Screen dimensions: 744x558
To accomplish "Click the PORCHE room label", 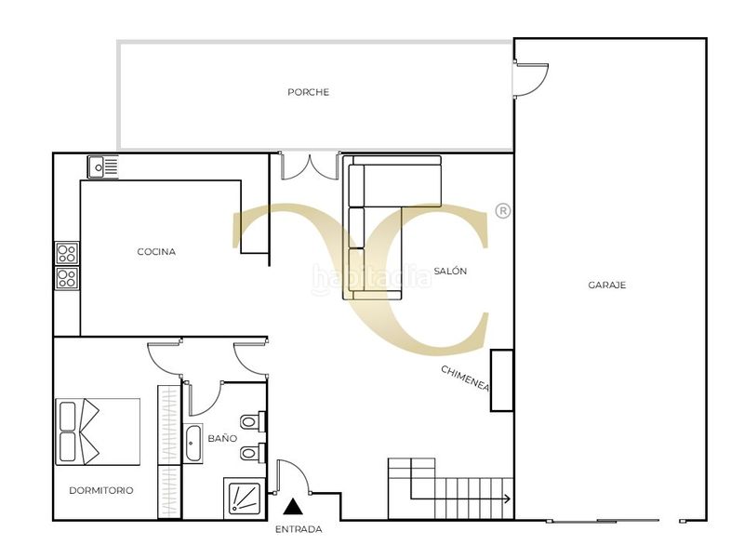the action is coord(309,92).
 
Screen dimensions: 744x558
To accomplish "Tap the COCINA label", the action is coord(156,251).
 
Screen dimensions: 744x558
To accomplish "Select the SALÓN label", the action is coord(450,271).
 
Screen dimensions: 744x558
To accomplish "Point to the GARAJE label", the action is coord(607,285).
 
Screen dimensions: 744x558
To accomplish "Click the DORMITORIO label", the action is coord(101,490).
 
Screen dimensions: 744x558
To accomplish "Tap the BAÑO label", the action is coord(222,438).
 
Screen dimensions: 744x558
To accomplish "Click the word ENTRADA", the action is coord(299,529).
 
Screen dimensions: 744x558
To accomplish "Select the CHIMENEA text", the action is coord(465,379).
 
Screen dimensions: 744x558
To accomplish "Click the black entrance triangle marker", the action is coord(293,507).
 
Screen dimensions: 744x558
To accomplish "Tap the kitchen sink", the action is coord(102,167).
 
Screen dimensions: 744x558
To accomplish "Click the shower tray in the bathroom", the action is coord(245,498).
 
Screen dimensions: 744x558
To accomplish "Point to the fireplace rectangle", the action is coord(502,380).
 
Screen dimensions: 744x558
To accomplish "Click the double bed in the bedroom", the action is coord(98,432).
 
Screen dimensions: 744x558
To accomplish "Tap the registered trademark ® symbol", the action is coord(503,211).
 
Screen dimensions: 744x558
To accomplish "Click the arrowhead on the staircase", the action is coord(507,498).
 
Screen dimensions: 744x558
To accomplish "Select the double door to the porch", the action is coord(310,166).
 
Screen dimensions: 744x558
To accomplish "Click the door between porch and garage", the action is coord(531,80).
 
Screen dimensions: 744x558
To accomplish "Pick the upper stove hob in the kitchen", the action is coord(67,253).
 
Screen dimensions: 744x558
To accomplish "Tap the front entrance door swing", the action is coord(293,477).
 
